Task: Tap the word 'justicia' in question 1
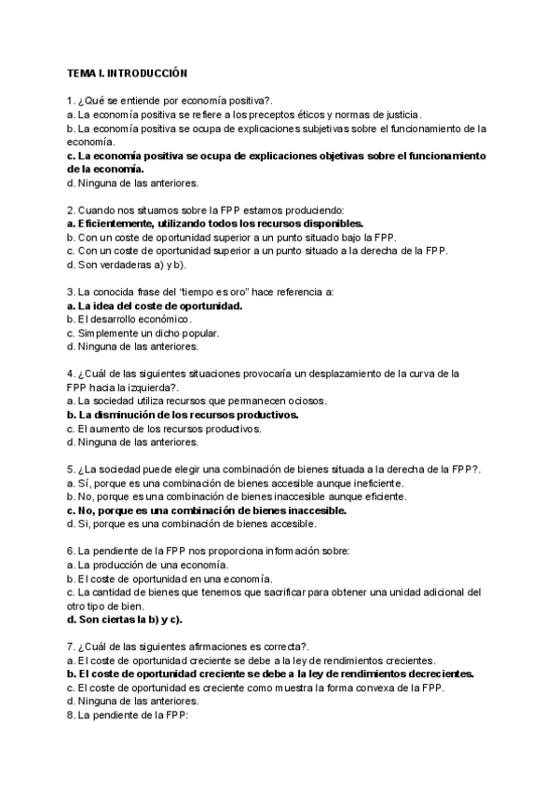(x=403, y=114)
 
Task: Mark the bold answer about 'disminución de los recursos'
(x=183, y=415)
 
